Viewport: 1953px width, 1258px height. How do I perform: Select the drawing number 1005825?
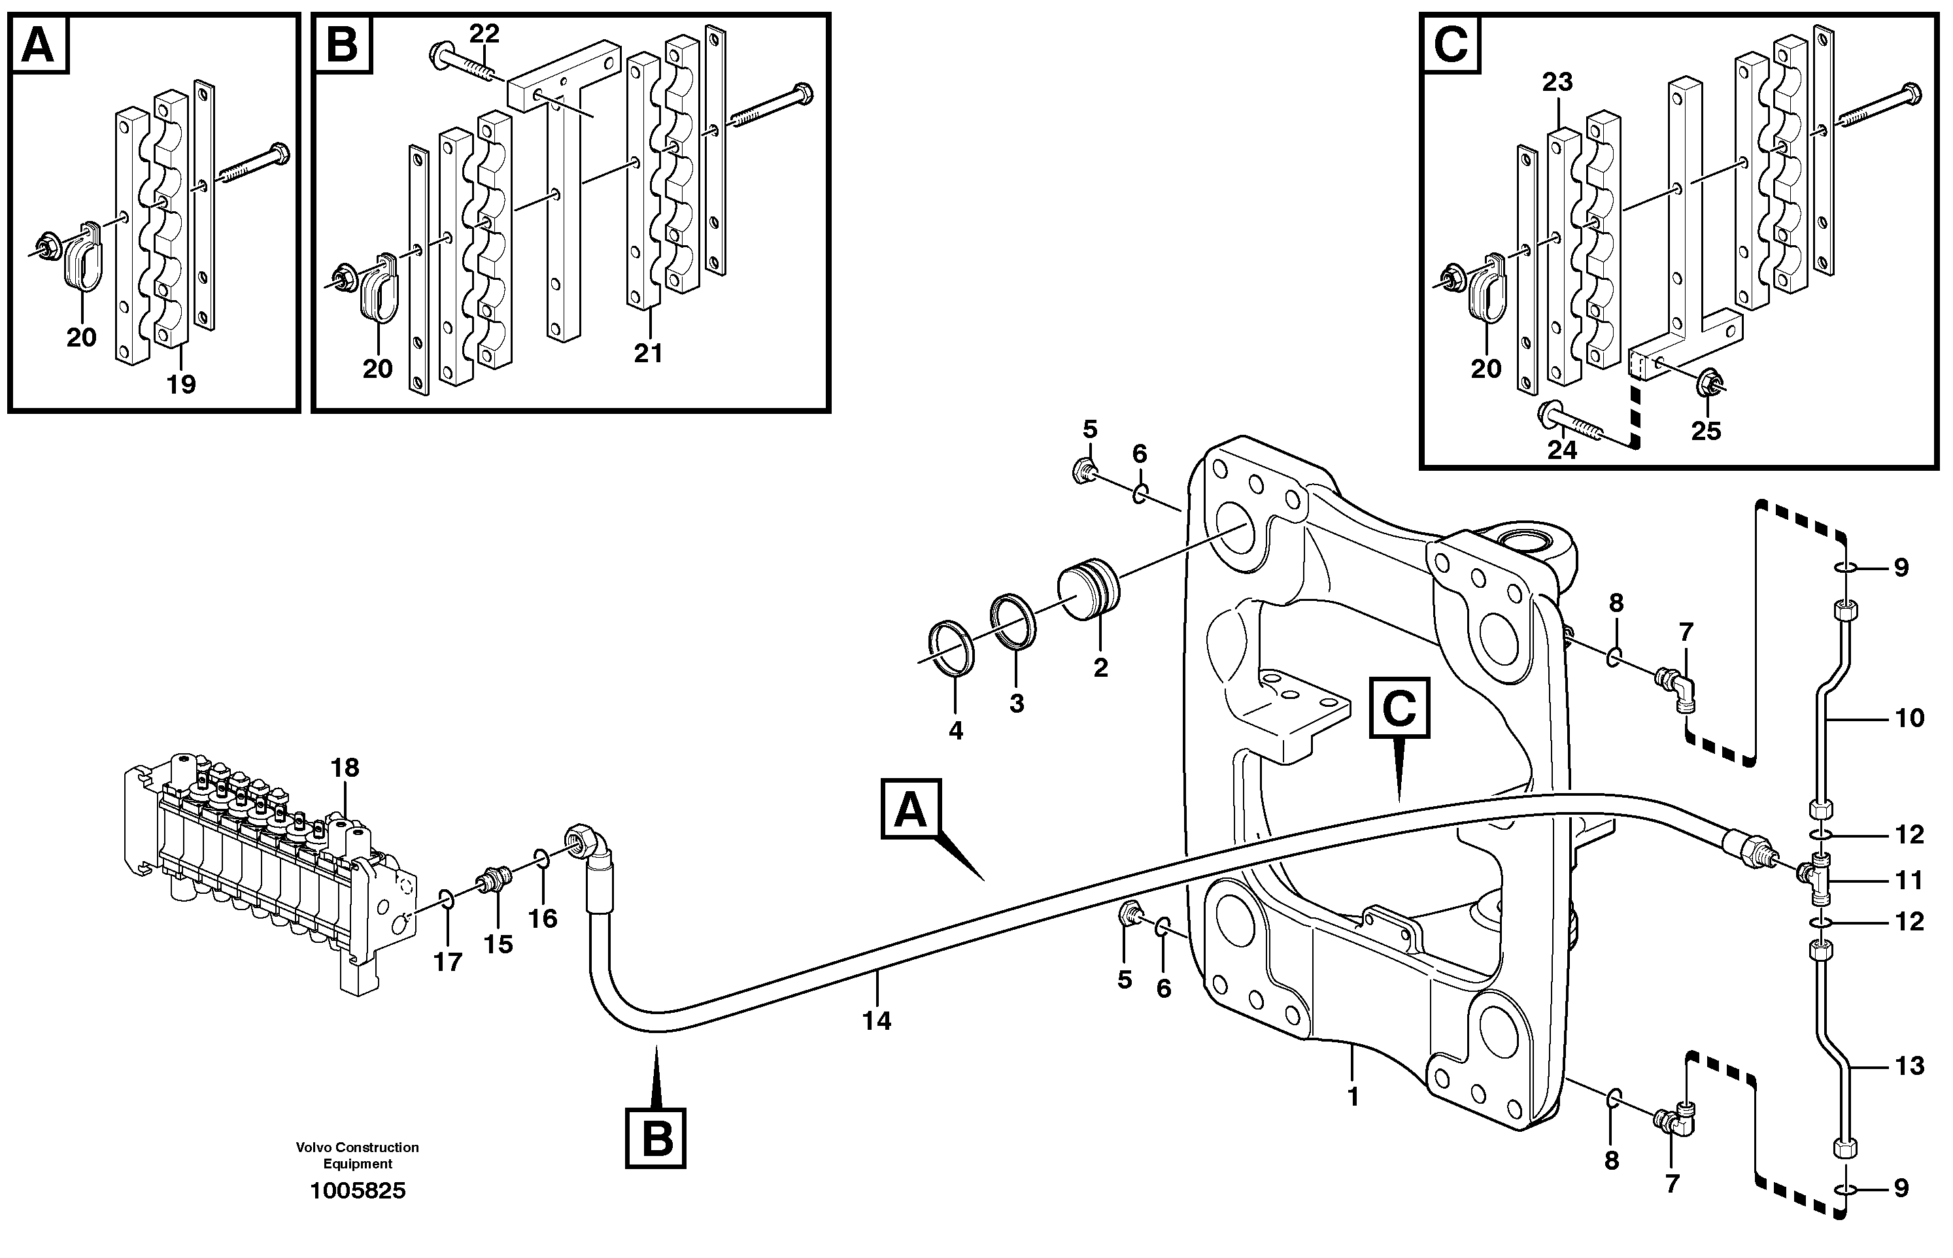pos(357,1191)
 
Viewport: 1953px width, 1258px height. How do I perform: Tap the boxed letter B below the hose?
pos(656,1138)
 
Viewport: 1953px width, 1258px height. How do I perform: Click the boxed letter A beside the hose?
pos(911,809)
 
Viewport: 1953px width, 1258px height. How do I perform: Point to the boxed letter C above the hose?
pos(1399,708)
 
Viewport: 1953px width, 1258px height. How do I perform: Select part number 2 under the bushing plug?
pos(1100,668)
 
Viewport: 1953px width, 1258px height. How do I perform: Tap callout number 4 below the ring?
pos(956,730)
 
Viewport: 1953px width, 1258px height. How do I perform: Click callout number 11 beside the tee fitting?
pos(1909,880)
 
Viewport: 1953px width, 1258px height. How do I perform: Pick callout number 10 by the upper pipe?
pos(1910,718)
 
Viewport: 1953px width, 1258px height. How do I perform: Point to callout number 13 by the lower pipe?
pos(1910,1065)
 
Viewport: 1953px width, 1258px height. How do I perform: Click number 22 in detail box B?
pos(484,34)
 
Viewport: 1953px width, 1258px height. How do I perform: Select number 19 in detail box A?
pos(181,384)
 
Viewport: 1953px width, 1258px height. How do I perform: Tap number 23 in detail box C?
pos(1557,82)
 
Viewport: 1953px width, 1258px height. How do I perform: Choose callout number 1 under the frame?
pos(1353,1097)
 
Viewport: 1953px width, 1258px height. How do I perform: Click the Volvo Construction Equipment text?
pos(357,1155)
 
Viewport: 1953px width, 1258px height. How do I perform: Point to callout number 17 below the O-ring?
pos(448,962)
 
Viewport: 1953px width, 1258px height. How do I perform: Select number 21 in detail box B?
pos(648,353)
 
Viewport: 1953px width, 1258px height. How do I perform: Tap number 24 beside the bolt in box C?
pos(1562,449)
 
